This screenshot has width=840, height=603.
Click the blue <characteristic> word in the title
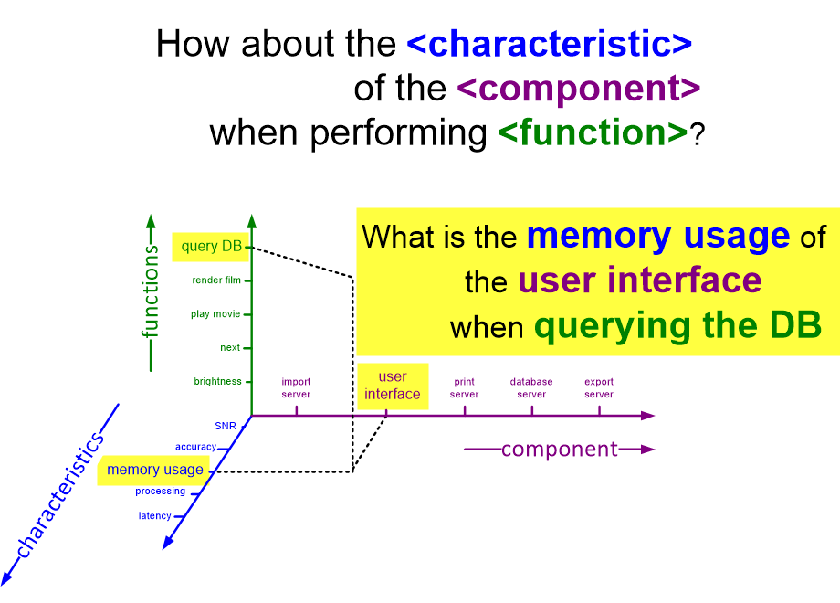549,44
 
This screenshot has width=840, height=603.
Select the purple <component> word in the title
579,88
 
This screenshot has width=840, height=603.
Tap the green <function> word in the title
593,132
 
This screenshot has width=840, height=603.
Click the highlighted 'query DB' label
212,247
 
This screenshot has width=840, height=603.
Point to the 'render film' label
216,280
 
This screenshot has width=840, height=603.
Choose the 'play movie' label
215,314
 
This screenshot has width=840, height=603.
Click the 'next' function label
230,347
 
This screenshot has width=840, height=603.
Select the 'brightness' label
217,381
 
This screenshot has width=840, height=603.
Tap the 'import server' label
296,387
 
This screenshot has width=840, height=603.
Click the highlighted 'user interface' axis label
392,386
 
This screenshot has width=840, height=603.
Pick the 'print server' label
464,387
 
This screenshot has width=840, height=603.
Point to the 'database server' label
531,387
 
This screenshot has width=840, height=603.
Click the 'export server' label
599,387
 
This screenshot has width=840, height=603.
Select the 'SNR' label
226,426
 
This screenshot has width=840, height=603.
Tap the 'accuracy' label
195,447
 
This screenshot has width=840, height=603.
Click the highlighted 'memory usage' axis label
155,470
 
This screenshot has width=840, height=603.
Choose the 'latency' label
155,515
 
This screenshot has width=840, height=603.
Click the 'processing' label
160,491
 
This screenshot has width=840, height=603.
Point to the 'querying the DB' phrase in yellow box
677,326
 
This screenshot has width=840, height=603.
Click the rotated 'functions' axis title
151,291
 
